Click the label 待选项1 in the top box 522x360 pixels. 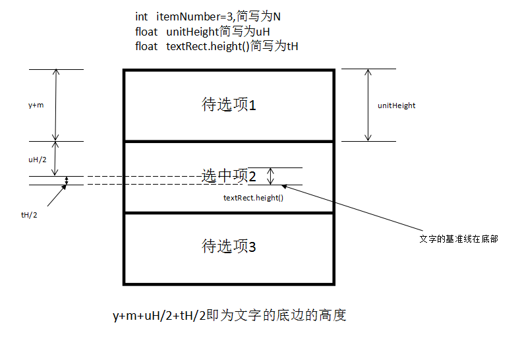(228, 105)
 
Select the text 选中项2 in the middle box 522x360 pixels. (228, 176)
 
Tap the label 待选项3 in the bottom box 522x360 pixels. (228, 247)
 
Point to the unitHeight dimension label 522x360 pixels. (396, 105)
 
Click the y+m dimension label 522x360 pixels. (37, 105)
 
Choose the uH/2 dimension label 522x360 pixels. (37, 159)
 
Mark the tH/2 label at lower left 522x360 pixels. (29, 215)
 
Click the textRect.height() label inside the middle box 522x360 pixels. (253, 197)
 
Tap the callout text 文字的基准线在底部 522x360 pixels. (458, 239)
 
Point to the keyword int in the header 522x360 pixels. (141, 16)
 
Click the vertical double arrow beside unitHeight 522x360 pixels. (368, 105)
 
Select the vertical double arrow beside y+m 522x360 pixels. (57, 105)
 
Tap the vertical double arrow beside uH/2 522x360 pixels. (57, 158)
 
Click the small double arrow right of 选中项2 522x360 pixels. (270, 176)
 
